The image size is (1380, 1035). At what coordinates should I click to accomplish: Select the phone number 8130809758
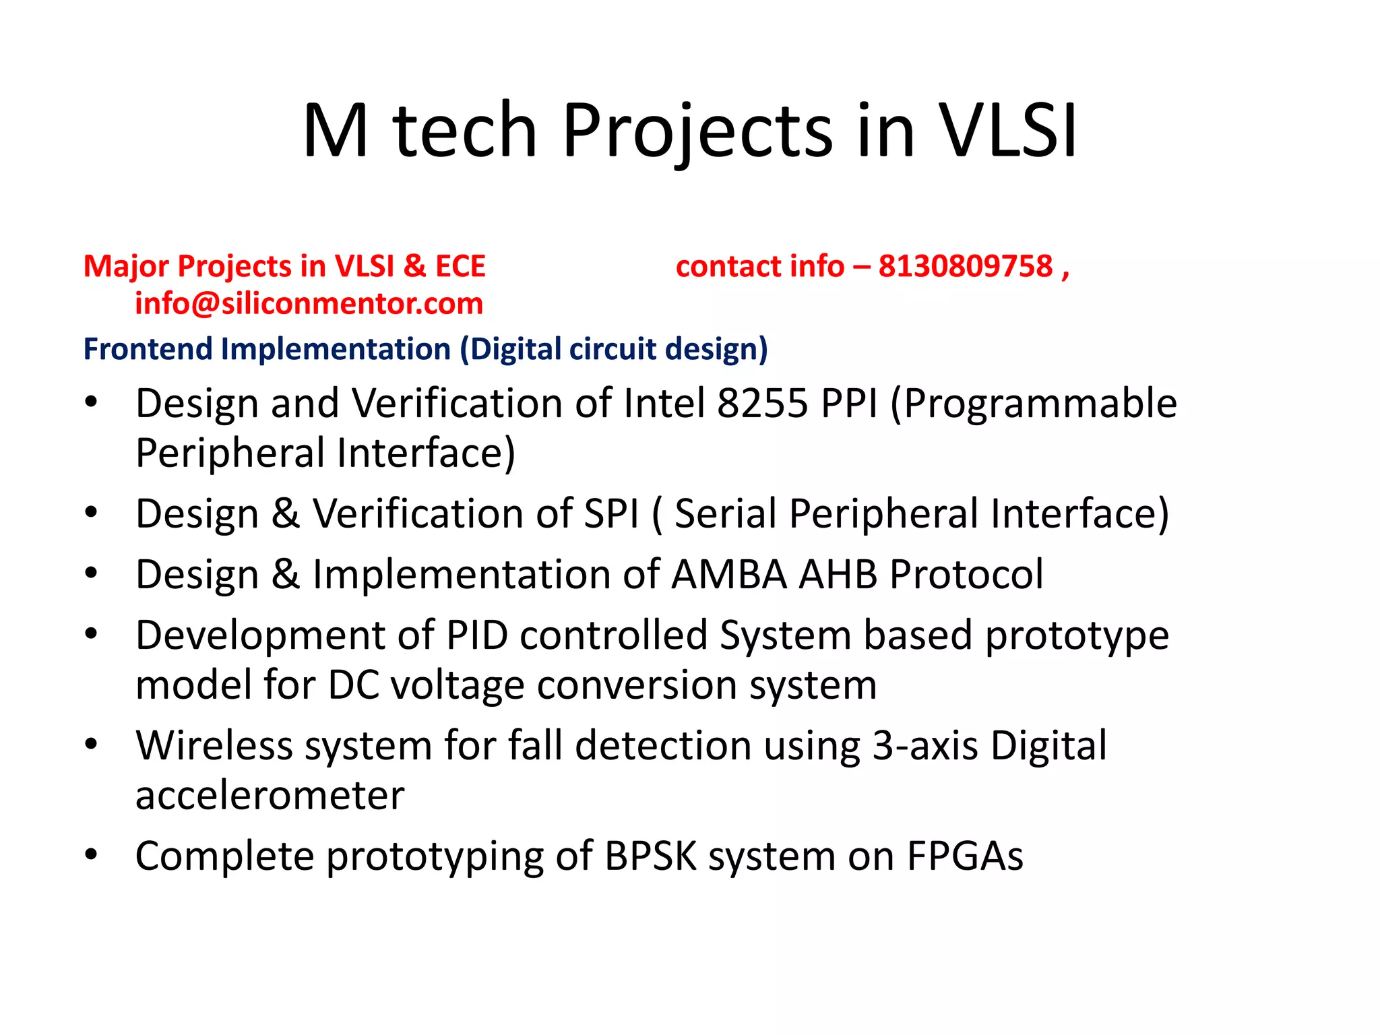click(x=965, y=266)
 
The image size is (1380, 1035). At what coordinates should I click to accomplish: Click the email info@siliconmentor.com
click(x=309, y=303)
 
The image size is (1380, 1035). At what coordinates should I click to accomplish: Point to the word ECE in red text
click(x=460, y=266)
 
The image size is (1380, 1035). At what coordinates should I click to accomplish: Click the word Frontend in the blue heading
click(x=148, y=349)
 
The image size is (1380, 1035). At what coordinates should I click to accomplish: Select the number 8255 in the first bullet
click(x=761, y=403)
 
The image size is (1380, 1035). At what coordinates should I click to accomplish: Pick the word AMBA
click(x=728, y=574)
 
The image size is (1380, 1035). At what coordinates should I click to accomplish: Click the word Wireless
click(x=216, y=745)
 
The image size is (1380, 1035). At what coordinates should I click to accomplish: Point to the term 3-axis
click(x=924, y=745)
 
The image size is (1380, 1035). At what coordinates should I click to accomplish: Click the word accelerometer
click(x=270, y=796)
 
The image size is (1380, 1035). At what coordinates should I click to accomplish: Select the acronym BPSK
click(x=650, y=856)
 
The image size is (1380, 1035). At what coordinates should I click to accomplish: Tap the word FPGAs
click(x=964, y=856)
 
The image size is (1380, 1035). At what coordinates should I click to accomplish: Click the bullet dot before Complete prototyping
click(x=91, y=854)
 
